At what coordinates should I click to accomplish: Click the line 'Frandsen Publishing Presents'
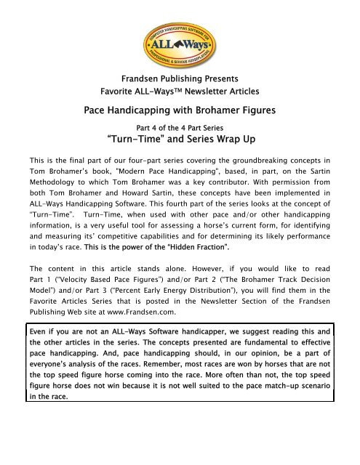click(180, 78)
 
